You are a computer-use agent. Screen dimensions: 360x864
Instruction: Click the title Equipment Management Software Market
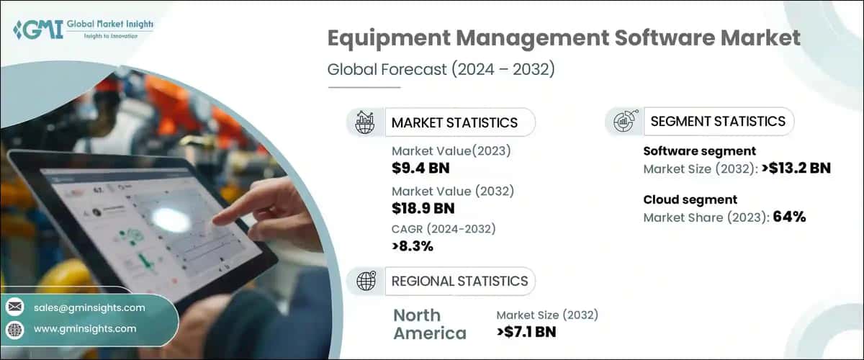564,39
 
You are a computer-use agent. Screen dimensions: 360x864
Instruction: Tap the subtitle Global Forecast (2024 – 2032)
441,71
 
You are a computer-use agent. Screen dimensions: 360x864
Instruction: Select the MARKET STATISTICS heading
454,122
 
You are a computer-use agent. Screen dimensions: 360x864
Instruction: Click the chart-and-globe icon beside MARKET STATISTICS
365,122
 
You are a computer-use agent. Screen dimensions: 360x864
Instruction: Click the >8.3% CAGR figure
413,247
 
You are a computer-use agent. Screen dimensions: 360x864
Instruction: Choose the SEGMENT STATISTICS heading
717,121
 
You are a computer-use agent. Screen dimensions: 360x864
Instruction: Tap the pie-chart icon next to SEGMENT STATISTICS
623,121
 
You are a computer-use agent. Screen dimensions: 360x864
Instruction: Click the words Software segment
699,151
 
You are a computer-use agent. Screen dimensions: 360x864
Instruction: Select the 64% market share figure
789,217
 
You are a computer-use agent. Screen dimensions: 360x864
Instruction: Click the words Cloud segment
690,199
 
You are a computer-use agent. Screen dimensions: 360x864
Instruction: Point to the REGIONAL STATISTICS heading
459,281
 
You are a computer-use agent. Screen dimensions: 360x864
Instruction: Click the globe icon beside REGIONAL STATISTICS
365,281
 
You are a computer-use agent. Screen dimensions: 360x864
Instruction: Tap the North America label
429,324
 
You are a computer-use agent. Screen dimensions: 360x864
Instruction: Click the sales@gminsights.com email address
89,307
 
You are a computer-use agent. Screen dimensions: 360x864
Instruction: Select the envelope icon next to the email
14,307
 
